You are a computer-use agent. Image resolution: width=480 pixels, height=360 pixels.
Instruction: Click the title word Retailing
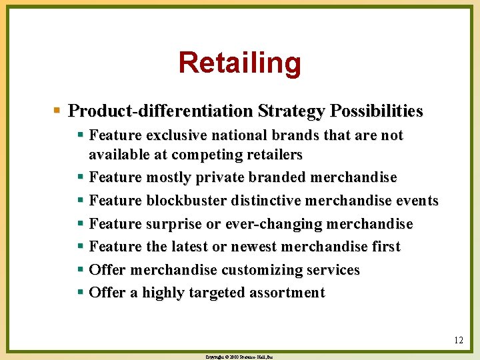click(239, 63)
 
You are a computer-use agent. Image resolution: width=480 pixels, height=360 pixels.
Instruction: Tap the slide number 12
click(458, 340)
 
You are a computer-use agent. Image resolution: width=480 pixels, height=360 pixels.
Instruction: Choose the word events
click(416, 201)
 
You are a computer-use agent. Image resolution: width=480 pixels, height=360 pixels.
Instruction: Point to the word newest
click(253, 247)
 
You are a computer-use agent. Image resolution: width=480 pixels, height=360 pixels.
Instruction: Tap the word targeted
click(201, 293)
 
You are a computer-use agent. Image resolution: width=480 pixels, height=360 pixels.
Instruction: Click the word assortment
click(283, 293)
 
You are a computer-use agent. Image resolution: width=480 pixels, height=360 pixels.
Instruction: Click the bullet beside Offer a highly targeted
click(81, 292)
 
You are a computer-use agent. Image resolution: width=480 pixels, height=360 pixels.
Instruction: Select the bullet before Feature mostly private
click(81, 177)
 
